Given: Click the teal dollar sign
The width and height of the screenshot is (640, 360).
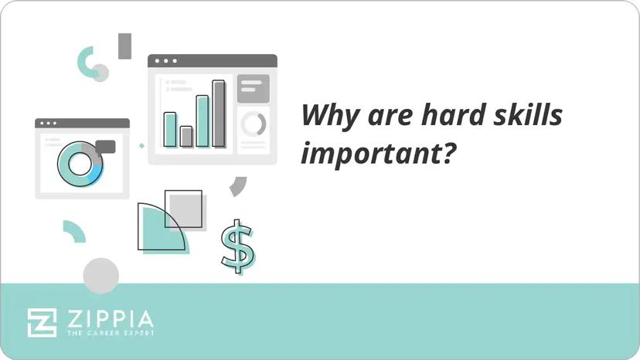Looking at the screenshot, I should point(237,246).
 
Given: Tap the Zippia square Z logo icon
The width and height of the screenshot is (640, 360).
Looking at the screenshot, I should point(42,322).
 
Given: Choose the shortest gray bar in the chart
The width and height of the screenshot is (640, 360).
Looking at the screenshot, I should point(186,137).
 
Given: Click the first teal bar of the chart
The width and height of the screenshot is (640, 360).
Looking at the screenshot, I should point(170,129).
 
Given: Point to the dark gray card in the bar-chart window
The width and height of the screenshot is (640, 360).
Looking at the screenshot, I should point(253,88).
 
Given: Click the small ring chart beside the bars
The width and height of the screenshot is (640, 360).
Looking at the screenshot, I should point(253,124).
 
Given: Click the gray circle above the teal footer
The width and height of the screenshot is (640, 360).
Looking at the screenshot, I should point(101,275).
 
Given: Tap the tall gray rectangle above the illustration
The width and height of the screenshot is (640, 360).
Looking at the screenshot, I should point(124,46).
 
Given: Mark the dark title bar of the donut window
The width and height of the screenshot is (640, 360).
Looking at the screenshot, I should point(82,124).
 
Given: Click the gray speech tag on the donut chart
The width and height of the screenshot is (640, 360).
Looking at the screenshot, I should point(105,147).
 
